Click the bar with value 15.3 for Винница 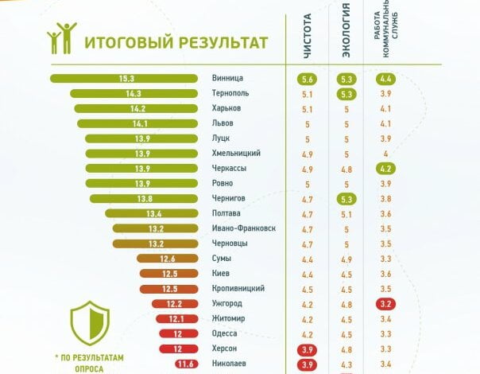(124, 78)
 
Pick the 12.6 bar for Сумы (167, 259)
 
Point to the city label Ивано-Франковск (245, 228)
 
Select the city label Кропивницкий (239, 288)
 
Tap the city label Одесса (226, 333)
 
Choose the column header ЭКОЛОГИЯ (346, 38)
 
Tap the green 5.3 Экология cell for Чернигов (346, 199)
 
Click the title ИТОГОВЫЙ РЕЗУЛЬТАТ (176, 43)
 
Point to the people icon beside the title (62, 38)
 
